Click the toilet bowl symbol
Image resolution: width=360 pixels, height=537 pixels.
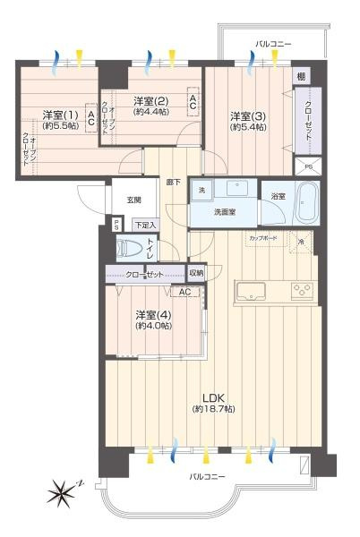(131, 250)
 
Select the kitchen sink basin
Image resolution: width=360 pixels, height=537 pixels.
(250, 291)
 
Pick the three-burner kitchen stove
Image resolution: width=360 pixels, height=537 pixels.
(303, 290)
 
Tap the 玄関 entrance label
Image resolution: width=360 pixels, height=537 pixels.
(133, 200)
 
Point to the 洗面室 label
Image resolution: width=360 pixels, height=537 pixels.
(224, 212)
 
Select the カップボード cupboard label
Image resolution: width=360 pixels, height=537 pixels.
(263, 240)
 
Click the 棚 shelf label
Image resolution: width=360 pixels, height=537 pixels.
(301, 77)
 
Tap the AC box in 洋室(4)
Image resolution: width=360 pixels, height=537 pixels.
(184, 293)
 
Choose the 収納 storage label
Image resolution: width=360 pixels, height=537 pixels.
(196, 272)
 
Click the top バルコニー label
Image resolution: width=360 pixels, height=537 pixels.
(272, 42)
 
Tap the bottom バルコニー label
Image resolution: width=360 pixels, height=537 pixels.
(208, 475)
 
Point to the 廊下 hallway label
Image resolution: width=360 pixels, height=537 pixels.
(174, 182)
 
